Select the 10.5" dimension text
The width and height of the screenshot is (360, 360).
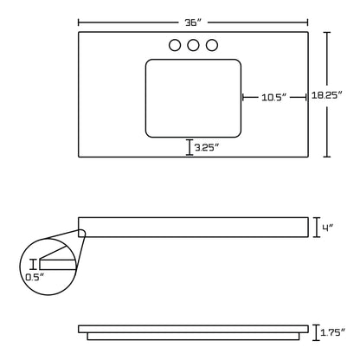[274, 98]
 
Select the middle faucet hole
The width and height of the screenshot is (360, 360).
[193, 46]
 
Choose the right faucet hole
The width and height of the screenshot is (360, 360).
[211, 46]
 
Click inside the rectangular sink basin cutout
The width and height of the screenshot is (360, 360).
[193, 97]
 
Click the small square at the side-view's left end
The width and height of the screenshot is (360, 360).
[81, 231]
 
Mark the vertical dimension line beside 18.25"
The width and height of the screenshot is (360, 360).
[326, 94]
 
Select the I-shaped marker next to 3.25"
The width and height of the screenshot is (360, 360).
[189, 147]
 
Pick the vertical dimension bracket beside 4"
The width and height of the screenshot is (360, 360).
[316, 227]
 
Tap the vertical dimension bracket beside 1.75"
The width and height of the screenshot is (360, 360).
[316, 331]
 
